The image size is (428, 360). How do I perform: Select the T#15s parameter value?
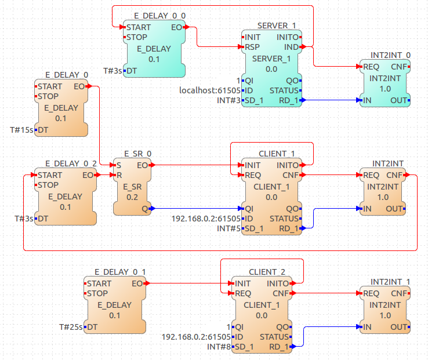(x=22, y=129)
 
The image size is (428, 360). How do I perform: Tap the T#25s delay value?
(x=71, y=327)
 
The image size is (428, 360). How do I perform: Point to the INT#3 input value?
(x=227, y=100)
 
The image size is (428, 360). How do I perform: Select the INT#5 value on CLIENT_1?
(x=227, y=228)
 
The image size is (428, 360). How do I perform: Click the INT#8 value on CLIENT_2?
(x=218, y=347)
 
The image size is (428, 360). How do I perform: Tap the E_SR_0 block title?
(x=137, y=154)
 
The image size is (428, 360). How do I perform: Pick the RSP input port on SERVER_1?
(x=251, y=47)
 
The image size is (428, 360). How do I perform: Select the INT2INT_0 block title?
(x=391, y=55)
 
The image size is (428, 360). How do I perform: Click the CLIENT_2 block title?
(x=267, y=272)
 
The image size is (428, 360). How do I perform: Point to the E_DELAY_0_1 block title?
(x=120, y=272)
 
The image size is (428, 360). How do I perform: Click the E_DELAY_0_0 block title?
(x=153, y=17)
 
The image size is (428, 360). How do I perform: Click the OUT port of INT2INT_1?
(x=399, y=327)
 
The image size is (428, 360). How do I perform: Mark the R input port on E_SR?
(x=119, y=174)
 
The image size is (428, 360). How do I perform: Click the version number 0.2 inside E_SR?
(x=132, y=197)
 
